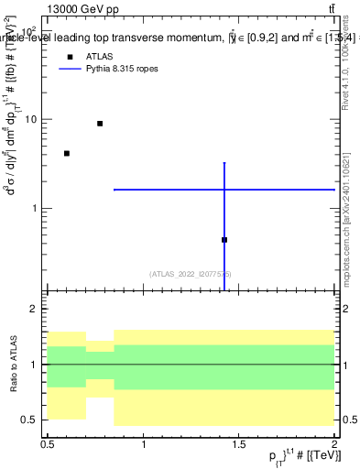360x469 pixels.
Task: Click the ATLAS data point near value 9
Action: tap(100, 124)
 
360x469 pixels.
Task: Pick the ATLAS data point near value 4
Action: tap(67, 153)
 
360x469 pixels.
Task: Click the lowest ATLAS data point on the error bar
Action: tap(224, 240)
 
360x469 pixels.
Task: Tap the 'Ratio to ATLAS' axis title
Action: tap(13, 365)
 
